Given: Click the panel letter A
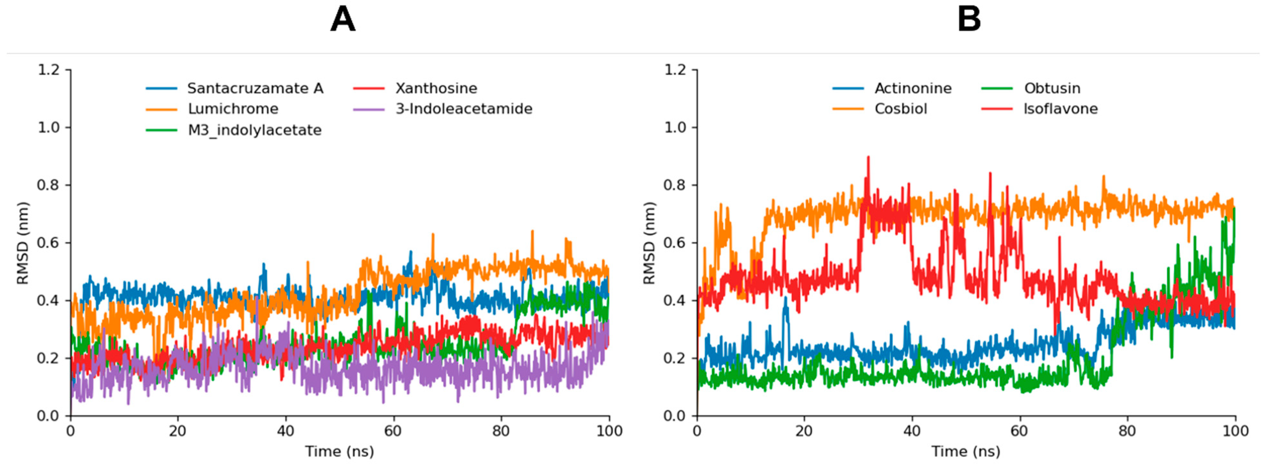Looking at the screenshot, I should [x=343, y=21].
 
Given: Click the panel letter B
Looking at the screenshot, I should [x=969, y=21].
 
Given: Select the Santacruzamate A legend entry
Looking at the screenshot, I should [x=255, y=88].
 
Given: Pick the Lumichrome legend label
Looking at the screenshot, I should [x=233, y=109].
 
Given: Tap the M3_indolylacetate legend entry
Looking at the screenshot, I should [x=255, y=130].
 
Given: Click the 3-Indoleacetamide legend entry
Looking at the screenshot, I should [x=464, y=109].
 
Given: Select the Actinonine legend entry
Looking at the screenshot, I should [x=913, y=88].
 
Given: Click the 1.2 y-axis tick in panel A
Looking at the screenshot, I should [x=48, y=70].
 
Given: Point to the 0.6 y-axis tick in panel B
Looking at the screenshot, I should [x=675, y=243].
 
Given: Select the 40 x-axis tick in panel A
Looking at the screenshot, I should [x=285, y=431].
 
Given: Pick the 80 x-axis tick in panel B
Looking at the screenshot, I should [x=1127, y=431].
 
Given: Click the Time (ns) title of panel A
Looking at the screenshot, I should [x=339, y=451].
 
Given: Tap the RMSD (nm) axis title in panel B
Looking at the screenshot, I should [x=649, y=243].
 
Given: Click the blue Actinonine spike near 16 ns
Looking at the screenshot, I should [x=786, y=299].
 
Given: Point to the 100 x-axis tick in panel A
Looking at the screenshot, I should [x=609, y=431].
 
